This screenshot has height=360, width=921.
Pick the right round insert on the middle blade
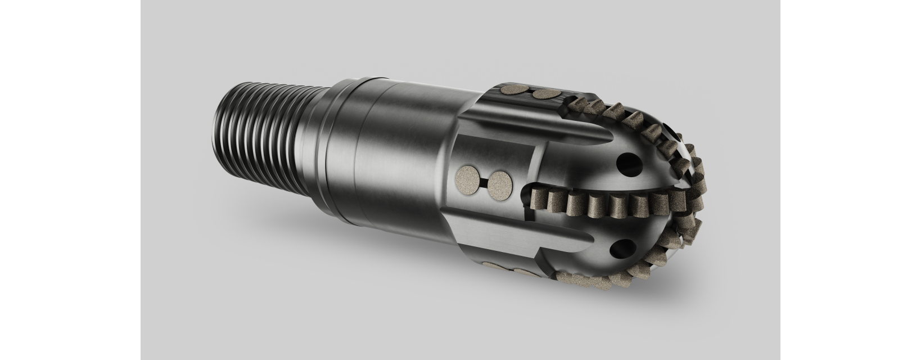499,184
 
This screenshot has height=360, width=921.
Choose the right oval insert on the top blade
545,94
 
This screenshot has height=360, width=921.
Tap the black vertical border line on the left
140,180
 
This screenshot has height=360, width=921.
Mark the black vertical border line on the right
780,180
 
